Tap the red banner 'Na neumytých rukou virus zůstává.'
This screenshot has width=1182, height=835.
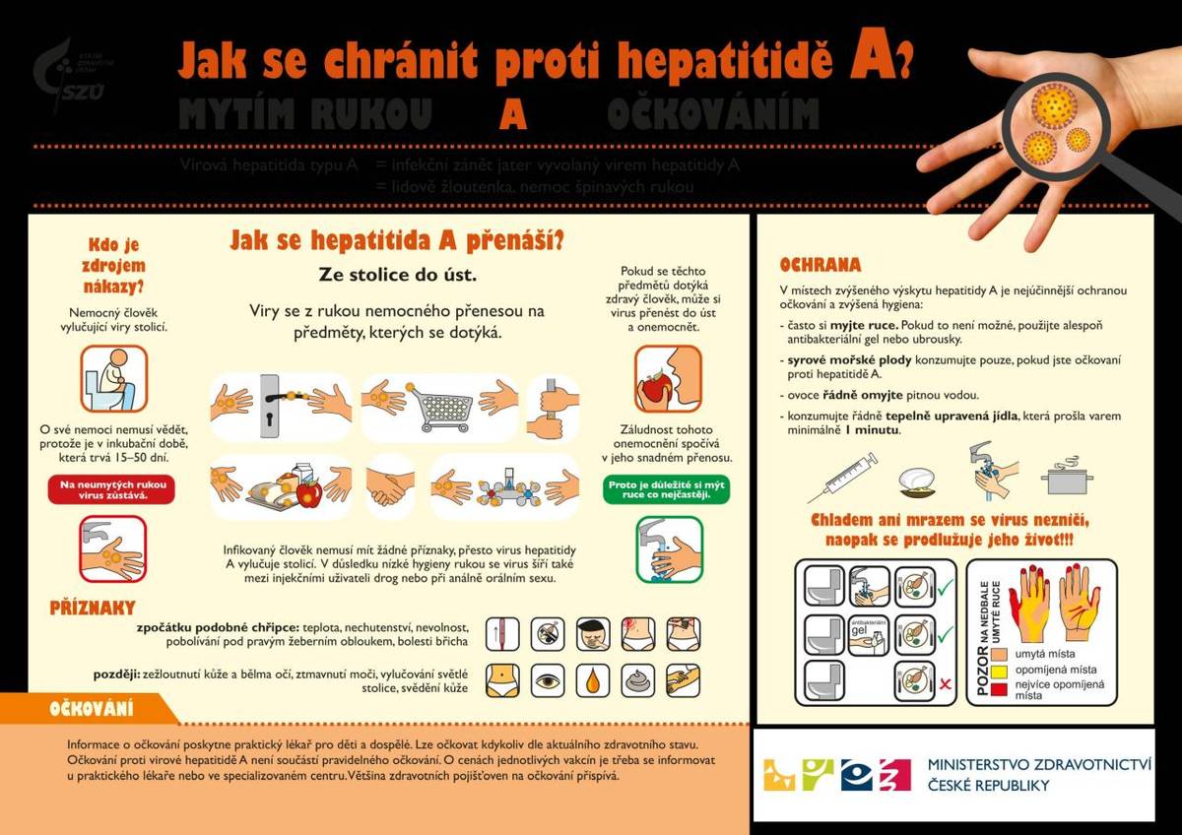point(111,489)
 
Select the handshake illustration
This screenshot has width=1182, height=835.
point(391,485)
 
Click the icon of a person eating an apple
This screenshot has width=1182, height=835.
point(667,378)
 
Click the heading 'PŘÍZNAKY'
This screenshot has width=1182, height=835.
point(93,608)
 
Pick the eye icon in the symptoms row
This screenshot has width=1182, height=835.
point(548,679)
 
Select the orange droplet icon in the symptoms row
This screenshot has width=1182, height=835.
point(592,679)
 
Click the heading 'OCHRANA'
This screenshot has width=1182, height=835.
point(820,265)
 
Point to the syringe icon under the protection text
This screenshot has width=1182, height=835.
point(843,477)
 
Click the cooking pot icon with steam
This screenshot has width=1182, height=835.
point(1067,477)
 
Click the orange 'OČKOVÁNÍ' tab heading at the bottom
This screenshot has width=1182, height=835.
point(92,708)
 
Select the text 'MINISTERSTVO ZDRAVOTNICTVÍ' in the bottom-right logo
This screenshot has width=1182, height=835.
point(1039,764)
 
